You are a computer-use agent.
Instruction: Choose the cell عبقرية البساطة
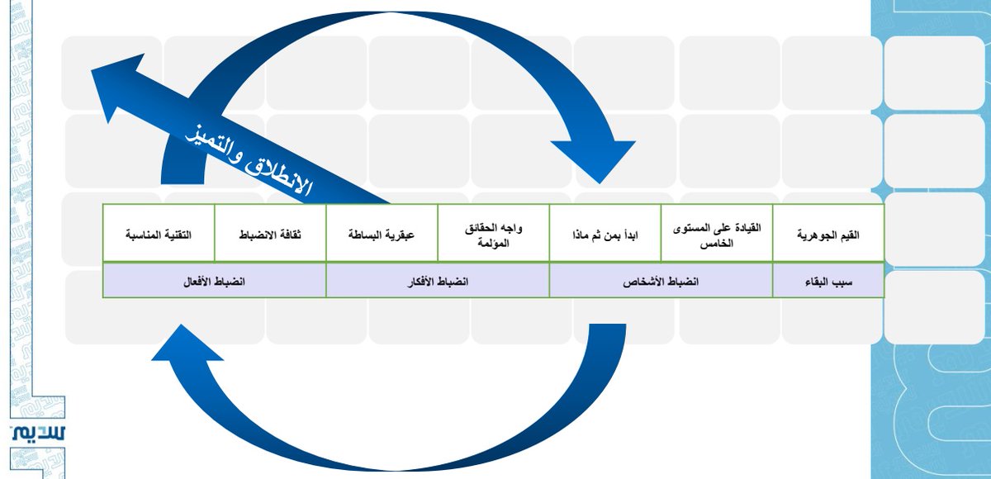(x=382, y=235)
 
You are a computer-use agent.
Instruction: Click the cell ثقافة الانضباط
(x=270, y=235)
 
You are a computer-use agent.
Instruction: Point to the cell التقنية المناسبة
(x=159, y=235)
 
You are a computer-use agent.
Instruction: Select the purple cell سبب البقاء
(x=828, y=281)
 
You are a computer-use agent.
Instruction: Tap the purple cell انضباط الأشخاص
(x=661, y=281)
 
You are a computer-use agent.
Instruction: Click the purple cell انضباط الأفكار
(x=438, y=281)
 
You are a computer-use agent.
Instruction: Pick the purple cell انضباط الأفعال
(x=215, y=281)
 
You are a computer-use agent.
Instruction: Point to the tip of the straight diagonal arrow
(x=95, y=73)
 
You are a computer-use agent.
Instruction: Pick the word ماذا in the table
(x=581, y=235)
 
